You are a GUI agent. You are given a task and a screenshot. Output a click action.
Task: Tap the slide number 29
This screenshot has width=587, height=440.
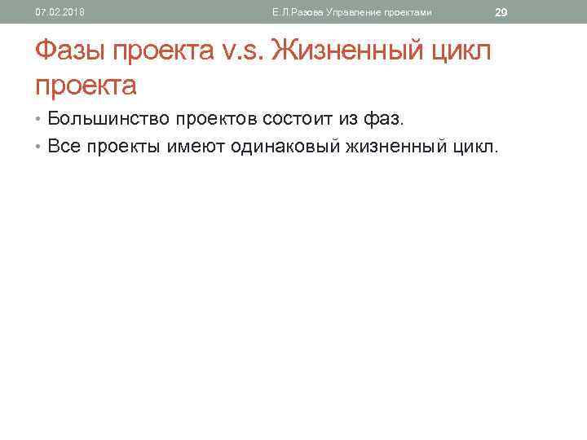pyautogui.click(x=501, y=12)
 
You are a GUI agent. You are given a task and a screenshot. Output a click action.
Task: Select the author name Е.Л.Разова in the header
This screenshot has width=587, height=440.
pyautogui.click(x=298, y=12)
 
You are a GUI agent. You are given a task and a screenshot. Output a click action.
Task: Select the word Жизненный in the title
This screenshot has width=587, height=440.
pyautogui.click(x=351, y=52)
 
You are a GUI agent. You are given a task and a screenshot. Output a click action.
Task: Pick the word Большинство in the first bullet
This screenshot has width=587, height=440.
pyautogui.click(x=102, y=120)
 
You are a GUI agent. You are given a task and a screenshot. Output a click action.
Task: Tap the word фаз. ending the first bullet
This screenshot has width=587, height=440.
pyautogui.click(x=382, y=120)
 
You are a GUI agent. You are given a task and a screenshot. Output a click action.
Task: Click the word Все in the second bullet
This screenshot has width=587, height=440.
pyautogui.click(x=63, y=147)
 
